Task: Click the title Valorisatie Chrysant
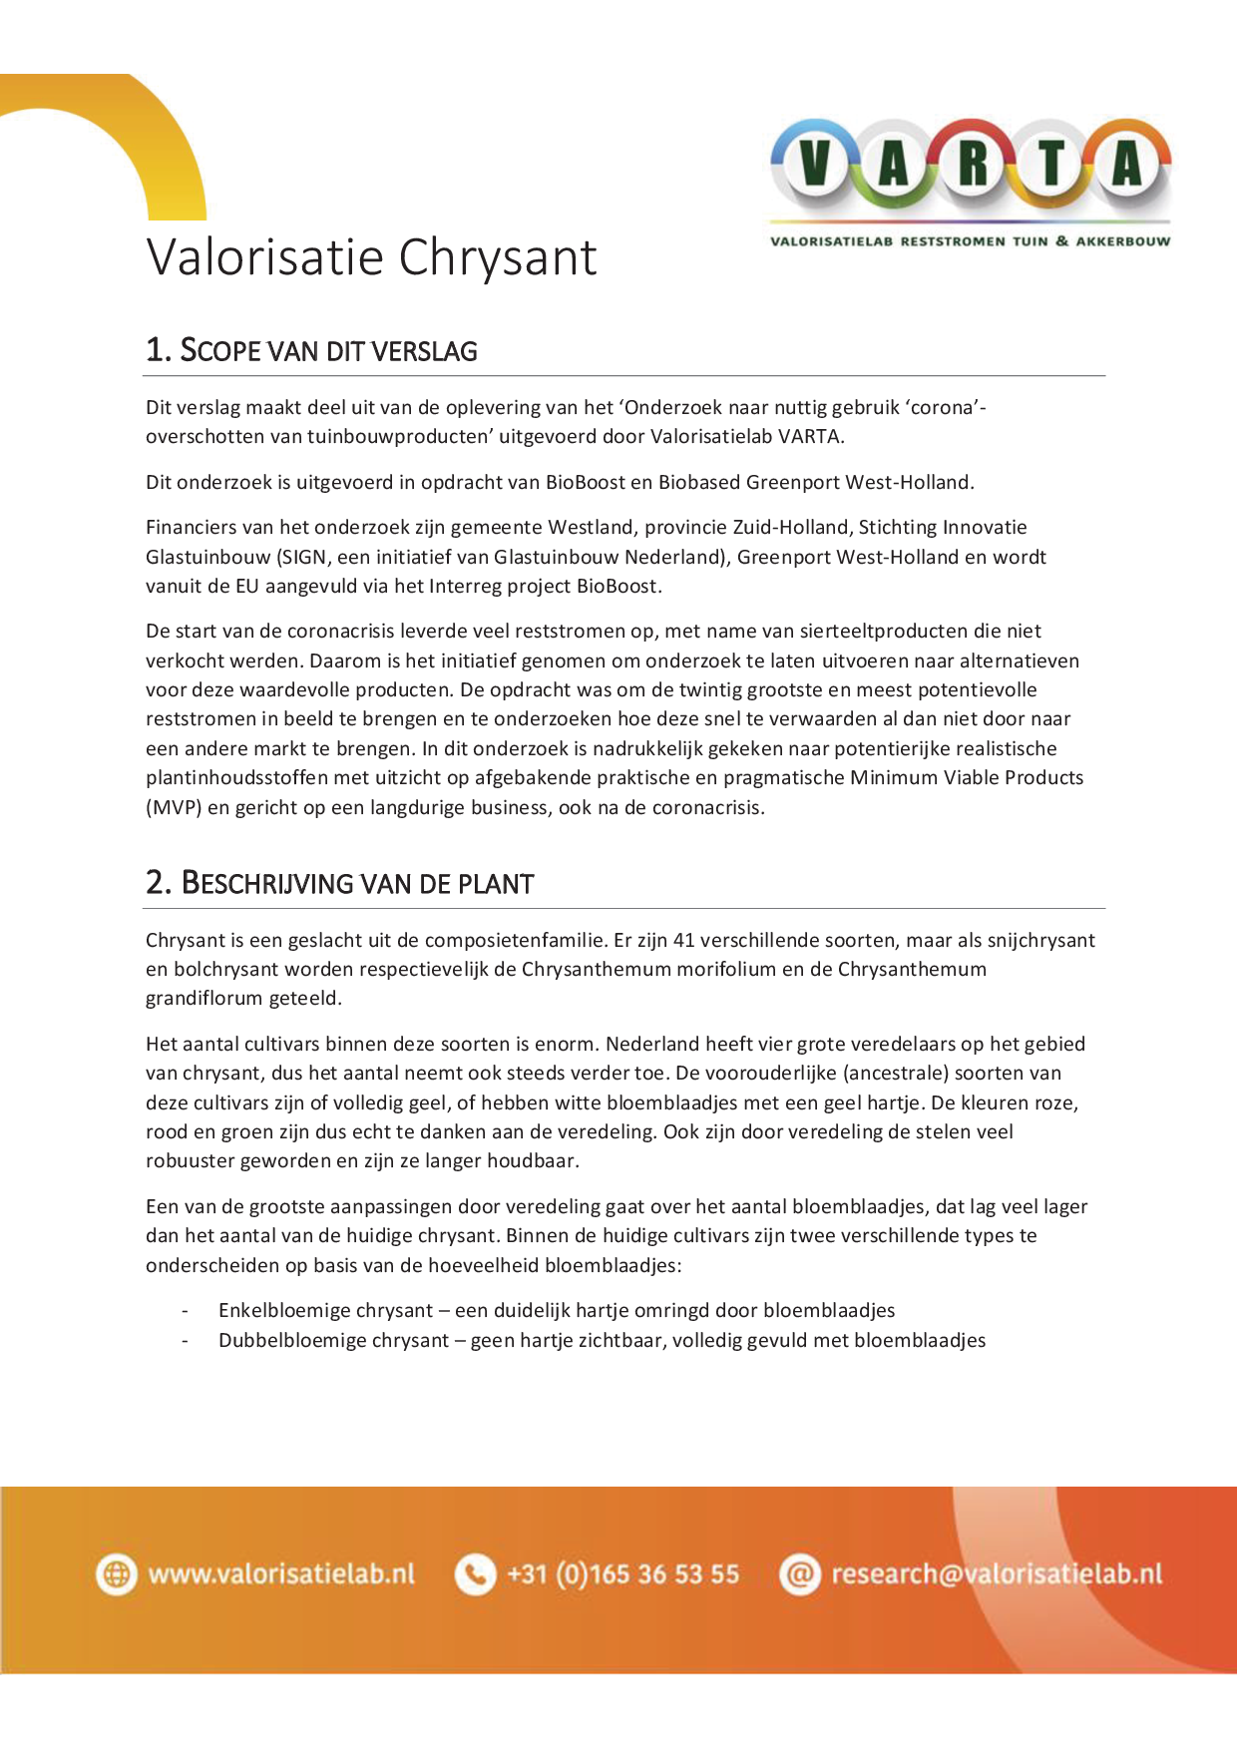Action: (x=371, y=257)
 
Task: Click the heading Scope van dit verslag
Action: (x=311, y=351)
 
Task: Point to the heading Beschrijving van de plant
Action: (x=339, y=884)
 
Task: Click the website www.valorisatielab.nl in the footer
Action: (x=281, y=1574)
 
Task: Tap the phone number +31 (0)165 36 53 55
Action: (x=622, y=1574)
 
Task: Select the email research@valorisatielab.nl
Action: (x=997, y=1574)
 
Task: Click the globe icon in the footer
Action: (x=117, y=1574)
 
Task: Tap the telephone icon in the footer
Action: (x=475, y=1574)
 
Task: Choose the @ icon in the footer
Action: (x=799, y=1574)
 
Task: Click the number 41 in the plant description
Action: (x=683, y=941)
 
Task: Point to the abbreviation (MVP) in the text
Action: (x=174, y=808)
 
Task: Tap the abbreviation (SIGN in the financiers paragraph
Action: (x=303, y=558)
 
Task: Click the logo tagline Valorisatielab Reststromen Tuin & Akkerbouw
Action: (x=970, y=241)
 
